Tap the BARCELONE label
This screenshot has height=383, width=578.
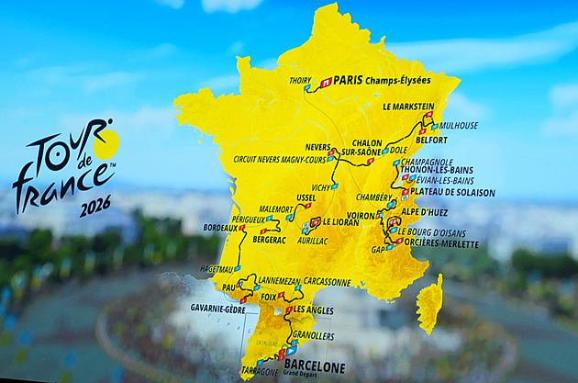(314, 366)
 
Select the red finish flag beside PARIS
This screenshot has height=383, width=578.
(326, 82)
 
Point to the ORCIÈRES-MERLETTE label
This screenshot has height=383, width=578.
(443, 244)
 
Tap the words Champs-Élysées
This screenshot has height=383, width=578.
(397, 81)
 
